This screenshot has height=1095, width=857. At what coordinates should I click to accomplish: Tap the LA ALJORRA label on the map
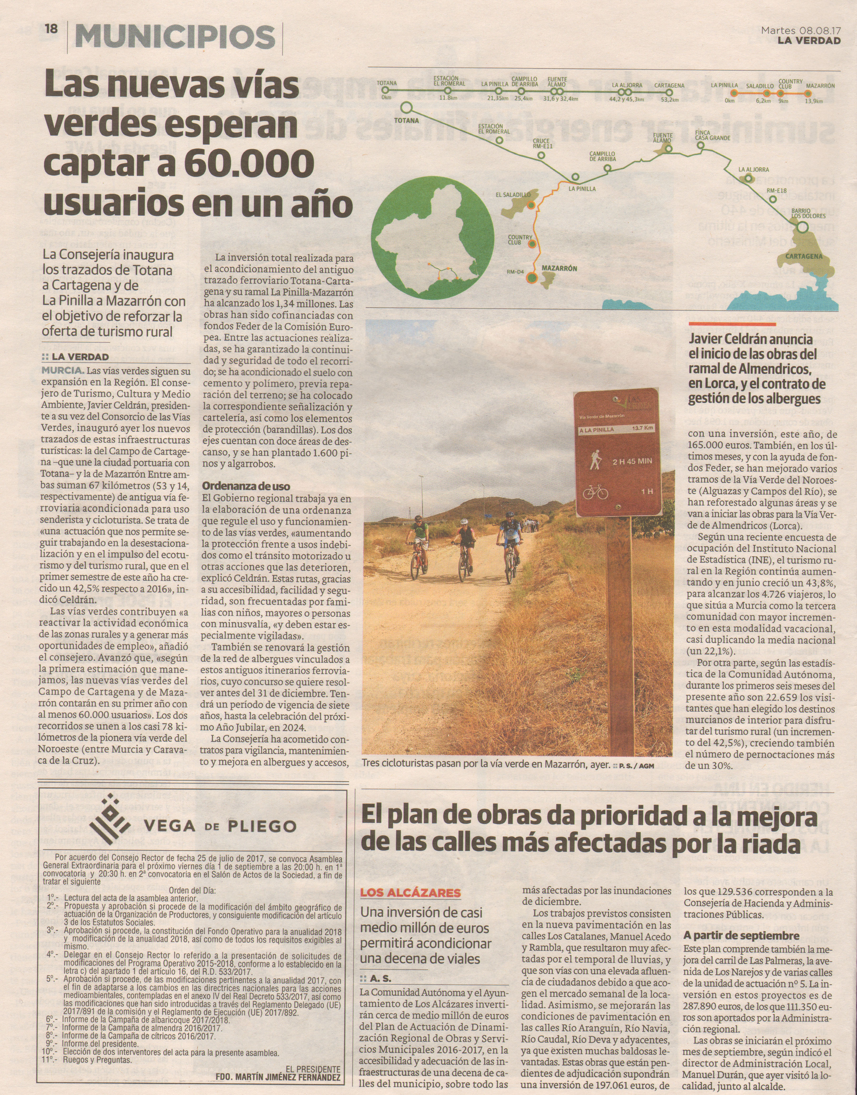753,170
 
